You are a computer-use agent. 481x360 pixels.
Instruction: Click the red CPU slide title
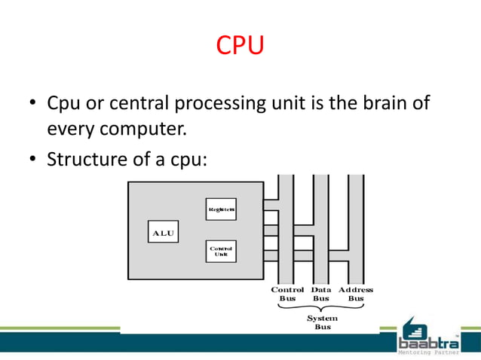pyautogui.click(x=240, y=47)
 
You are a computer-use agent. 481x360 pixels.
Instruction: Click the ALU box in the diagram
pyautogui.click(x=163, y=233)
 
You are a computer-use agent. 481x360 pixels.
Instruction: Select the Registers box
pyautogui.click(x=221, y=209)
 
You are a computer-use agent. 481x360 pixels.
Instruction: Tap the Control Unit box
pyautogui.click(x=221, y=251)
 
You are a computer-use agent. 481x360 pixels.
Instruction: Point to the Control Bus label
pyautogui.click(x=287, y=294)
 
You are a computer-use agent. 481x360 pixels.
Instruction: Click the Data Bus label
pyautogui.click(x=321, y=294)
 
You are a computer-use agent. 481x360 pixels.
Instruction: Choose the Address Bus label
pyautogui.click(x=356, y=294)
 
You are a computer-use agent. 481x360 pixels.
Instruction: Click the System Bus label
pyautogui.click(x=322, y=323)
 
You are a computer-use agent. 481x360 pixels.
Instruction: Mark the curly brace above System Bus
pyautogui.click(x=322, y=309)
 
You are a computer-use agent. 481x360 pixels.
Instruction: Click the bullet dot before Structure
pyautogui.click(x=33, y=160)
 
